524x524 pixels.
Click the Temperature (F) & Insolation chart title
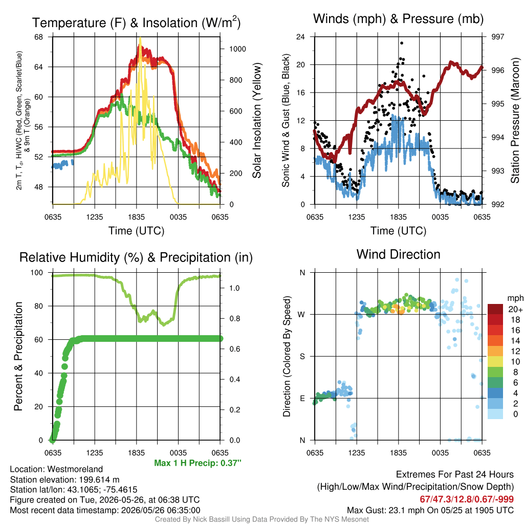(136, 23)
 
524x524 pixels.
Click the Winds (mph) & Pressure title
(398, 19)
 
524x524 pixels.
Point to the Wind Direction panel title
(398, 254)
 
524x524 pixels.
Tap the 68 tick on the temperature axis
(39, 37)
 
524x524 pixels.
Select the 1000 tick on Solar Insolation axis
(237, 49)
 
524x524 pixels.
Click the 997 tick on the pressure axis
(497, 37)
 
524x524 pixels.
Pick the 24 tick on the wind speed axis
(300, 37)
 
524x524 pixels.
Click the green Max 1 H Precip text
(198, 463)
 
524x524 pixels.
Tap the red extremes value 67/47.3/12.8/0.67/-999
(467, 499)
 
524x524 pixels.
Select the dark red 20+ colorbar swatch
(495, 309)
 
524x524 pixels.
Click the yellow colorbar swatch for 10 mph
(495, 362)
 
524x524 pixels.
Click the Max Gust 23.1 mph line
(430, 510)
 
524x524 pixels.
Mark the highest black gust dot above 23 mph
(402, 43)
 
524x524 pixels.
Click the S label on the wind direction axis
(302, 357)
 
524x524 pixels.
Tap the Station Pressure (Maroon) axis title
(515, 120)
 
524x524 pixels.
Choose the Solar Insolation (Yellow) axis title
(256, 120)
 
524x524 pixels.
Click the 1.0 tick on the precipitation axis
(234, 288)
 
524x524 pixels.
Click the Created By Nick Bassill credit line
(261, 519)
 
